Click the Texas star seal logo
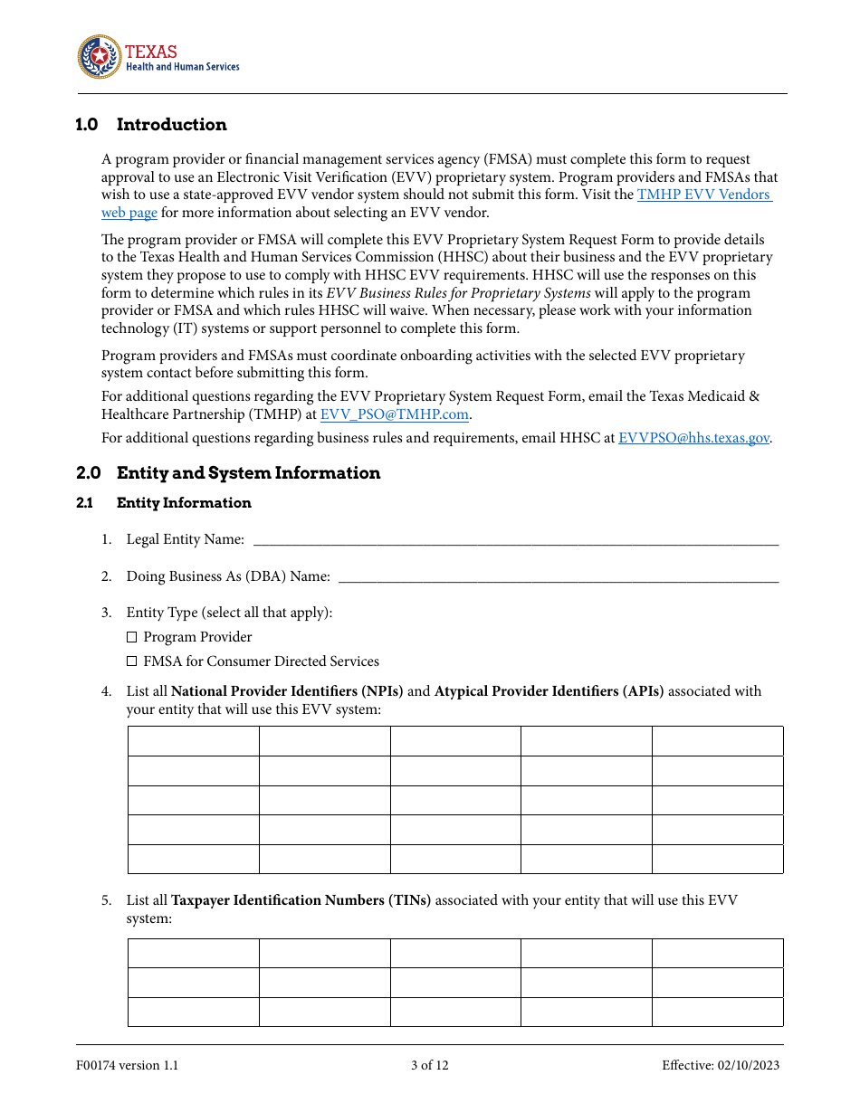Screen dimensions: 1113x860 coord(99,58)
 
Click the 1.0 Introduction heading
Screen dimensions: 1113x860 coord(151,125)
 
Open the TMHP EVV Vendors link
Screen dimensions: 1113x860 coord(703,195)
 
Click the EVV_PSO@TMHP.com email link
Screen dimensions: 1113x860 coord(394,414)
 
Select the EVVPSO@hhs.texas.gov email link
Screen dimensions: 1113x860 coord(693,438)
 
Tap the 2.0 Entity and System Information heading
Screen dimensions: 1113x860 coord(228,473)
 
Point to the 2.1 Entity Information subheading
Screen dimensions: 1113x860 coord(164,503)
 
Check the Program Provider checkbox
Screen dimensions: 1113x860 coord(132,637)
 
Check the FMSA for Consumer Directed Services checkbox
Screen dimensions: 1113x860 coord(132,661)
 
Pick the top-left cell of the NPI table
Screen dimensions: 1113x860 coord(194,741)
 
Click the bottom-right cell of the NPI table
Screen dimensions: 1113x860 coord(717,859)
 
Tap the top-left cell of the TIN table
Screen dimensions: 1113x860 coord(194,954)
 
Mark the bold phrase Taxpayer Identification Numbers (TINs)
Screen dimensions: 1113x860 coord(301,900)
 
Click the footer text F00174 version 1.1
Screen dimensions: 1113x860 coord(128,1065)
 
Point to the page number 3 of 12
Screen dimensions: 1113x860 coord(429,1065)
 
